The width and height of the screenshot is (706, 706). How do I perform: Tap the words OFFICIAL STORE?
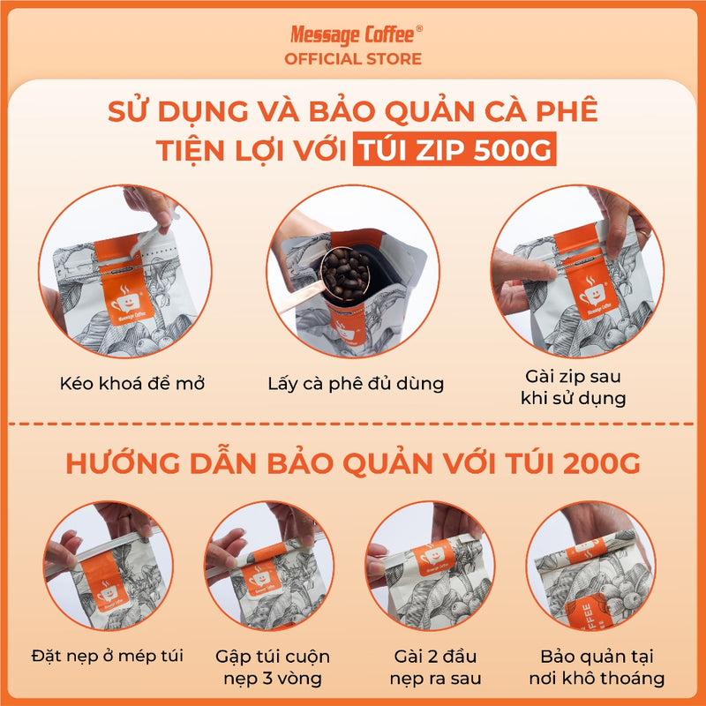[353, 59]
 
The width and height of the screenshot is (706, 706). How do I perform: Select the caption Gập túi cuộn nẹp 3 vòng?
[273, 667]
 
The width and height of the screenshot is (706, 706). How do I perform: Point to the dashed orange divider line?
[353, 424]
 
